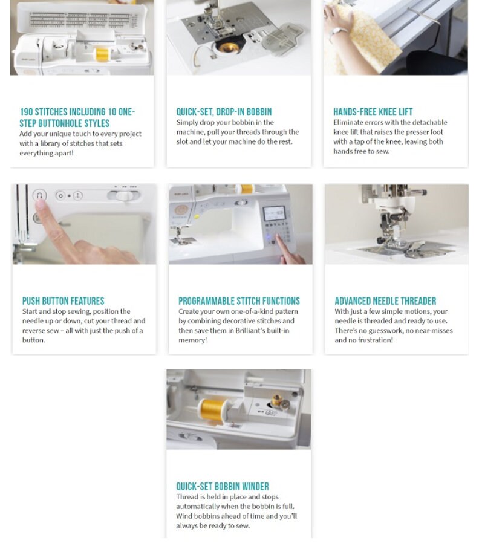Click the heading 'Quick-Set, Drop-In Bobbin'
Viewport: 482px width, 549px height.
point(224,112)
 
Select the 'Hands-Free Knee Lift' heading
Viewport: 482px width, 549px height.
point(373,112)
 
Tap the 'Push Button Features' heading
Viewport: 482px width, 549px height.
point(63,301)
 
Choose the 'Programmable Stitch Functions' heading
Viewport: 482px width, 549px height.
point(239,301)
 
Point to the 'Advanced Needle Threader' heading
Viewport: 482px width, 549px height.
point(385,301)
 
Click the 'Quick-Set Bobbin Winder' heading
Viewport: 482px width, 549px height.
point(223,487)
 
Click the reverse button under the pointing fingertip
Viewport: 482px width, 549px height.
point(40,196)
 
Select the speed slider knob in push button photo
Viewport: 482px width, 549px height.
point(123,196)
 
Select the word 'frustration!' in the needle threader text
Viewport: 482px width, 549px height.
point(373,340)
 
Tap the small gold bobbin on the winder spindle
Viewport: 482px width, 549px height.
point(278,401)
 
